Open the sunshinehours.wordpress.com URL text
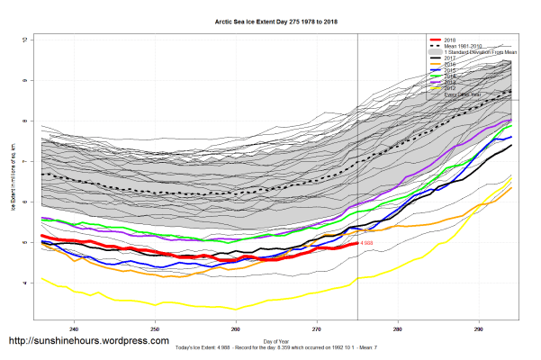pos(88,341)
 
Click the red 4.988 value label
pos(366,243)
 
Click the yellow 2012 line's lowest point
pos(236,310)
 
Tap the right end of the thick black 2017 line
pos(511,146)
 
